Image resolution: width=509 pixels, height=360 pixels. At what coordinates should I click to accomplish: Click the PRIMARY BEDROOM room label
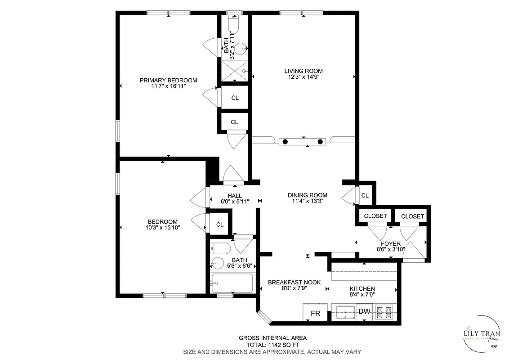tap(168, 81)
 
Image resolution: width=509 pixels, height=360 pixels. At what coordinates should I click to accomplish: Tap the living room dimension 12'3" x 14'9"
tap(303, 77)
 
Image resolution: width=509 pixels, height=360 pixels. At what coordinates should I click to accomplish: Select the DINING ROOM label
tap(307, 195)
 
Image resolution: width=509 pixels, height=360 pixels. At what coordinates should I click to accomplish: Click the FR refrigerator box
tap(316, 313)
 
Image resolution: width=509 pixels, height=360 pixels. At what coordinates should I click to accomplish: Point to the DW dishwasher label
tap(364, 311)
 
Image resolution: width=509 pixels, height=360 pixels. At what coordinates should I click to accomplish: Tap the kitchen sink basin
tap(344, 312)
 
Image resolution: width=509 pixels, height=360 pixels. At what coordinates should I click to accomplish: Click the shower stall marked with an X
tap(234, 71)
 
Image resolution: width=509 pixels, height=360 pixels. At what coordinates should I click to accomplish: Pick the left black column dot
tap(285, 142)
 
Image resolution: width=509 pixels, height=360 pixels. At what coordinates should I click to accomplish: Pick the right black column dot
tap(320, 142)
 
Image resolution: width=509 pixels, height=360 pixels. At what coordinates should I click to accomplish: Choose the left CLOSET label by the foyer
tap(375, 216)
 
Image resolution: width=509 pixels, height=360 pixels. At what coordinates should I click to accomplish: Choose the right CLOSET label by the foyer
tap(412, 216)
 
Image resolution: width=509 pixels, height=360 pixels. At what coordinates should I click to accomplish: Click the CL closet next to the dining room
tap(365, 196)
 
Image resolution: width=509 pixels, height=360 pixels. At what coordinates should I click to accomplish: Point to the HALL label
tap(235, 196)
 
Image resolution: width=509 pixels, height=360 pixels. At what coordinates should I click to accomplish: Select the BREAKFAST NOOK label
tap(294, 282)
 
